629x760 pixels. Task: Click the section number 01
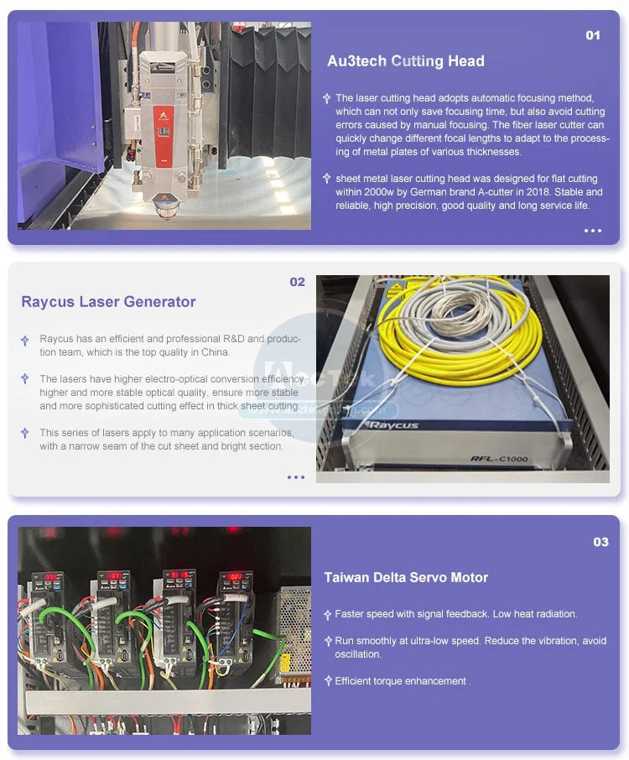pyautogui.click(x=593, y=35)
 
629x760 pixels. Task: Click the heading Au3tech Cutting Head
pyautogui.click(x=406, y=61)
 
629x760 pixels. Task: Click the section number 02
pyautogui.click(x=297, y=282)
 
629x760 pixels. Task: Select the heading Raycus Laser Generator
pyautogui.click(x=108, y=301)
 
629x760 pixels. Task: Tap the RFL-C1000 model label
pyautogui.click(x=499, y=458)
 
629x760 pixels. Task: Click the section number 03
pyautogui.click(x=600, y=542)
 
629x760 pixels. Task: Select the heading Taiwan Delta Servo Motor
pyautogui.click(x=406, y=577)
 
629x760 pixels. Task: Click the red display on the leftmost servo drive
pyautogui.click(x=51, y=577)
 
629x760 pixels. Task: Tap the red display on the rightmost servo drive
pyautogui.click(x=236, y=577)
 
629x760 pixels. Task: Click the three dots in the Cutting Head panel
pyautogui.click(x=593, y=231)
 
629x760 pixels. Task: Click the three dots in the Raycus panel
pyautogui.click(x=295, y=477)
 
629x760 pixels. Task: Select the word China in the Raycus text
pyautogui.click(x=215, y=352)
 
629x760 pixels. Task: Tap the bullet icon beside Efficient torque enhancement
pyautogui.click(x=328, y=681)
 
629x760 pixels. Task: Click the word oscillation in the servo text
pyautogui.click(x=357, y=654)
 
